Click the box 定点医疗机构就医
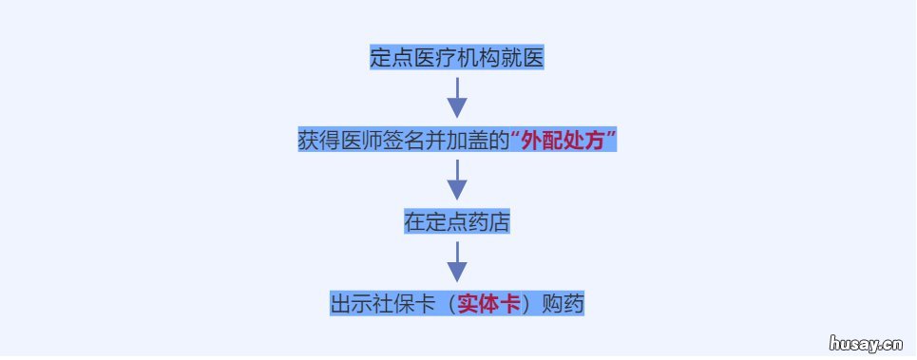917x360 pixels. (x=457, y=58)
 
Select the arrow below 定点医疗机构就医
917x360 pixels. (x=457, y=98)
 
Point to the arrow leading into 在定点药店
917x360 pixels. (x=457, y=180)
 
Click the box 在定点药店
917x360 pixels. (x=457, y=222)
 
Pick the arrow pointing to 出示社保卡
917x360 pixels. (x=457, y=262)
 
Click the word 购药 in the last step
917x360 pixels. (x=563, y=304)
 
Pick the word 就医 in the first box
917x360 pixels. (x=523, y=58)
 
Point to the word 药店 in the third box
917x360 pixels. (x=489, y=222)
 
